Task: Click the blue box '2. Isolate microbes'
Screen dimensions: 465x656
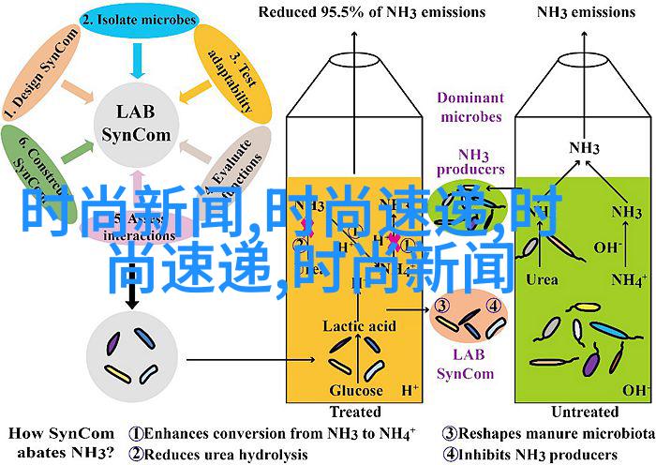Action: pos(137,19)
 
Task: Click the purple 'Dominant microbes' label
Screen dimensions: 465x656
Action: pos(469,107)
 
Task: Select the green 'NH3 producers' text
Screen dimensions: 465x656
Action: pos(469,160)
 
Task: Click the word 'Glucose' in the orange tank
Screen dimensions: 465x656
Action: pos(355,390)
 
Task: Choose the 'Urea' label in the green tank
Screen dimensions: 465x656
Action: pos(543,278)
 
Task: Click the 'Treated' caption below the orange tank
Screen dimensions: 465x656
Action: pos(355,412)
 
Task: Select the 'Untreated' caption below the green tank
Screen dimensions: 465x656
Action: pos(586,412)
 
